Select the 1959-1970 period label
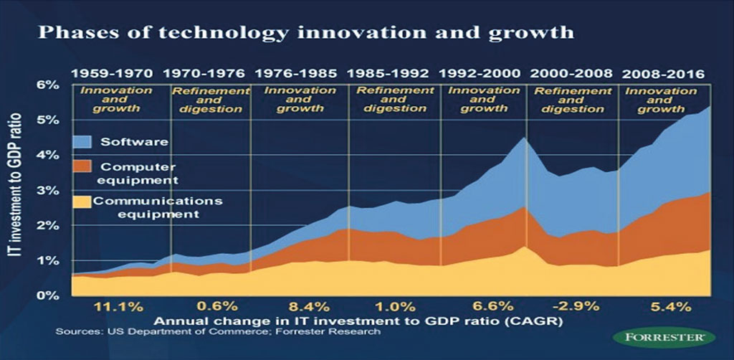point(112,73)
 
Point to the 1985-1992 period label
point(388,73)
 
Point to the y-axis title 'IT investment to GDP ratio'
point(19,190)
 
